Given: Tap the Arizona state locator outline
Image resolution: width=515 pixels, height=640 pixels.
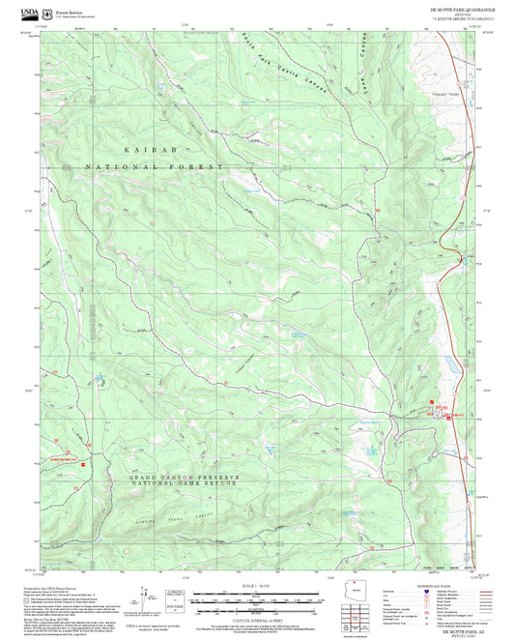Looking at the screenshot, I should pyautogui.click(x=358, y=589).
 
